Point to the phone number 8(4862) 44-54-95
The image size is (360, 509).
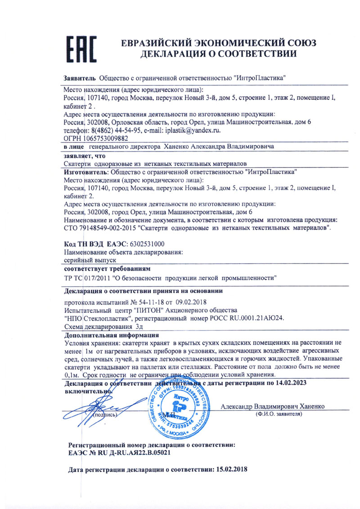click(x=115, y=130)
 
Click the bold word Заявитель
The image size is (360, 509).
click(x=79, y=77)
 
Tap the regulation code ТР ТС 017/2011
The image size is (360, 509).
click(x=88, y=277)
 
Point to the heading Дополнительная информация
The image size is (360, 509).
click(x=111, y=335)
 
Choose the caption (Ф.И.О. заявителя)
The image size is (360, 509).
click(x=276, y=413)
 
